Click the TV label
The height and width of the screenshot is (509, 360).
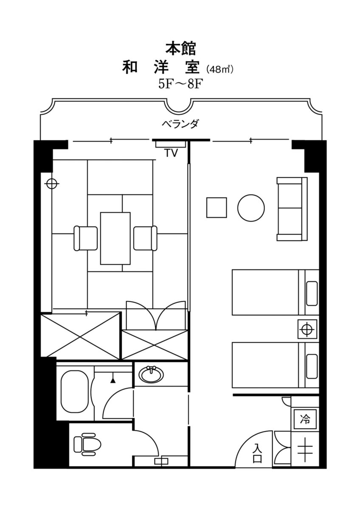click(171, 153)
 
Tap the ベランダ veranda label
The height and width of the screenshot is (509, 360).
click(180, 124)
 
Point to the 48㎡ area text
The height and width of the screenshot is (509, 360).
click(219, 70)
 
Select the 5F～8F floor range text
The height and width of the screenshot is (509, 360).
click(180, 84)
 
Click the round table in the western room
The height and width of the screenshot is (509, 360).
click(251, 207)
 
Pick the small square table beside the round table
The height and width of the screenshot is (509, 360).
click(217, 207)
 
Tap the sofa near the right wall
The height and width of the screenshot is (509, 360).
click(292, 209)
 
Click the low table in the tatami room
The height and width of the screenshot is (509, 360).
click(115, 238)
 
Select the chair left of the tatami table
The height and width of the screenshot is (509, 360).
click(86, 238)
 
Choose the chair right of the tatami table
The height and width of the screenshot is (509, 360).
click(145, 238)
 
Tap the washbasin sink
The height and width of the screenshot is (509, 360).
click(151, 374)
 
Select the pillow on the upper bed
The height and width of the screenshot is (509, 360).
click(312, 294)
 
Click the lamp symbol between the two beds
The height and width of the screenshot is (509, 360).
click(307, 329)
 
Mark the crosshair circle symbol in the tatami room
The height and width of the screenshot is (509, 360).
click(52, 183)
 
